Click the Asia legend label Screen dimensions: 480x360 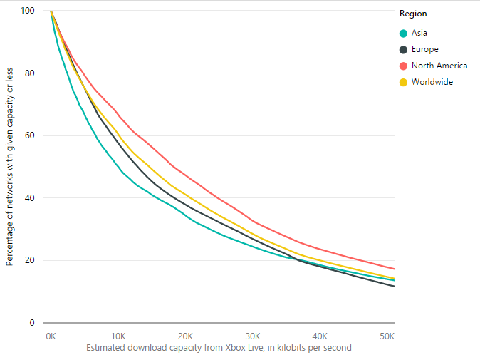point(419,33)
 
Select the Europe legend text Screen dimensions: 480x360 point(425,49)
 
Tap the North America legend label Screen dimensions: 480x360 point(439,66)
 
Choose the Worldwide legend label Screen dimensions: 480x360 point(432,82)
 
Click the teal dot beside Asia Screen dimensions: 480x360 point(404,34)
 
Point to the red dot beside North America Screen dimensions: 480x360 point(404,66)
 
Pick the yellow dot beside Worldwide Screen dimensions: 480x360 point(404,83)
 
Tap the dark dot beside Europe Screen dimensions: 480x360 point(404,50)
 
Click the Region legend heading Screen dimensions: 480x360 point(413,14)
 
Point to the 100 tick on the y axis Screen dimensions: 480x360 point(27,11)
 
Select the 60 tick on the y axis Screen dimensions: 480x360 point(30,135)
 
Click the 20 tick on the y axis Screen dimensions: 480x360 point(30,260)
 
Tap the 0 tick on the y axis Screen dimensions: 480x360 point(32,323)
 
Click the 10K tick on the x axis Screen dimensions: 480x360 point(118,336)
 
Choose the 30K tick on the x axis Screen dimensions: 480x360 point(253,336)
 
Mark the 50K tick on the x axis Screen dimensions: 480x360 point(387,336)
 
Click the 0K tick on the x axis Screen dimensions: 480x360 point(51,336)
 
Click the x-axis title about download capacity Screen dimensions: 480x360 point(219,348)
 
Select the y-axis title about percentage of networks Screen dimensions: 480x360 point(9,166)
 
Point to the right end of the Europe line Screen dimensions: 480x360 point(395,287)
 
